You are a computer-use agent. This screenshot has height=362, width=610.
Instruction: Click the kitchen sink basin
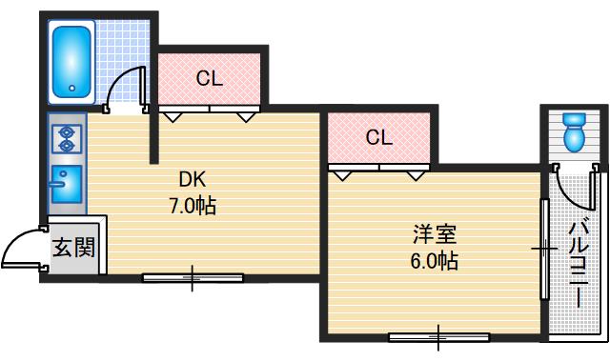click(x=68, y=181)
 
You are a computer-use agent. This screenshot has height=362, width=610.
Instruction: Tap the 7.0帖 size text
click(x=193, y=204)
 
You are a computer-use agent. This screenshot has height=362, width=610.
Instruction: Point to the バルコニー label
click(x=579, y=263)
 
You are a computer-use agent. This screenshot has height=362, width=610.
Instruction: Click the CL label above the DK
click(x=210, y=78)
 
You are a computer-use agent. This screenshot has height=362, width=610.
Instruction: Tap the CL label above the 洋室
click(x=378, y=137)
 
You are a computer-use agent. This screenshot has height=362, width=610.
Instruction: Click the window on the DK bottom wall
click(x=193, y=278)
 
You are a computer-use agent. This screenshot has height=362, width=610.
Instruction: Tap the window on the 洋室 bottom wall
click(x=438, y=335)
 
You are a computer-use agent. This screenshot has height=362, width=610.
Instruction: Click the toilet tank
click(x=574, y=119)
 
